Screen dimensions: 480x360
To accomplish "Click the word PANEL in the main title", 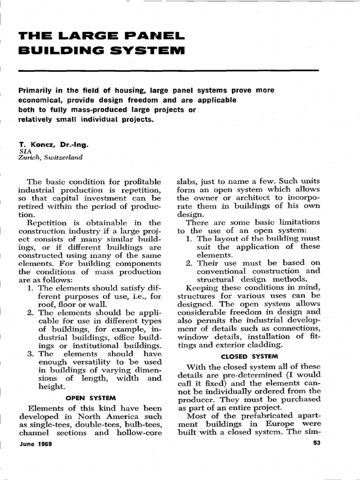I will coord(150,36).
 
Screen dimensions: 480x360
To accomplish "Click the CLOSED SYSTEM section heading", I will coord(249,356).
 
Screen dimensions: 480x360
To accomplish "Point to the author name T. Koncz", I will coord(37,145).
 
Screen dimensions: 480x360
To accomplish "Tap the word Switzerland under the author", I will coord(62,158).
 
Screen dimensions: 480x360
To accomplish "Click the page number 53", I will coord(315,445).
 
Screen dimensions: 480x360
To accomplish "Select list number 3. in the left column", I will coord(31,354).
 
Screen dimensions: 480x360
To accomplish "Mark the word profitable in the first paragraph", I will coord(142,182).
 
